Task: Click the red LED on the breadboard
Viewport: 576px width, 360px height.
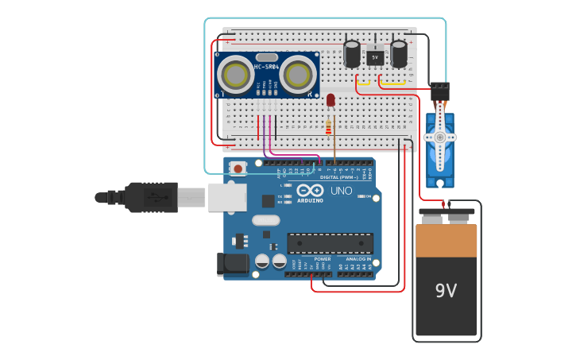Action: pyautogui.click(x=331, y=99)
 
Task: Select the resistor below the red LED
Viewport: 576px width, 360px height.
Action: pyautogui.click(x=329, y=127)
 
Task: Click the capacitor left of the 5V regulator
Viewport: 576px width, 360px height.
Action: pyautogui.click(x=352, y=53)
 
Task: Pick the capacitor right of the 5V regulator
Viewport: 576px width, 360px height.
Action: pyautogui.click(x=399, y=53)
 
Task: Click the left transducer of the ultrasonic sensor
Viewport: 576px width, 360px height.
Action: pyautogui.click(x=237, y=75)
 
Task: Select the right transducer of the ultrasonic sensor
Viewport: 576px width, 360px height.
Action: pyautogui.click(x=298, y=75)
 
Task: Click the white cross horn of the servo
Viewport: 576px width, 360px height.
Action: pyautogui.click(x=439, y=137)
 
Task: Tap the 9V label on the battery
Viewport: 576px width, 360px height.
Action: pyautogui.click(x=446, y=291)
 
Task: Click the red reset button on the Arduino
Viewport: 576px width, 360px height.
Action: pyautogui.click(x=238, y=168)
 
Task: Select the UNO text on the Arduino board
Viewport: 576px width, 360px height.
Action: pyautogui.click(x=341, y=191)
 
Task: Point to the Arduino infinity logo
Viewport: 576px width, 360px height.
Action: pyautogui.click(x=310, y=191)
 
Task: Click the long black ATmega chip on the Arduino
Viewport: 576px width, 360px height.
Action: pyautogui.click(x=330, y=244)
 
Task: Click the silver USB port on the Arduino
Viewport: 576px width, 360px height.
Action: pyautogui.click(x=227, y=197)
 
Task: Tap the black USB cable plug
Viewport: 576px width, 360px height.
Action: pyautogui.click(x=151, y=197)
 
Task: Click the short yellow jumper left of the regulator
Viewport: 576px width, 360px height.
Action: pyautogui.click(x=363, y=82)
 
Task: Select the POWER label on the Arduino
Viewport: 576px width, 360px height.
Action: pyautogui.click(x=322, y=259)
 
